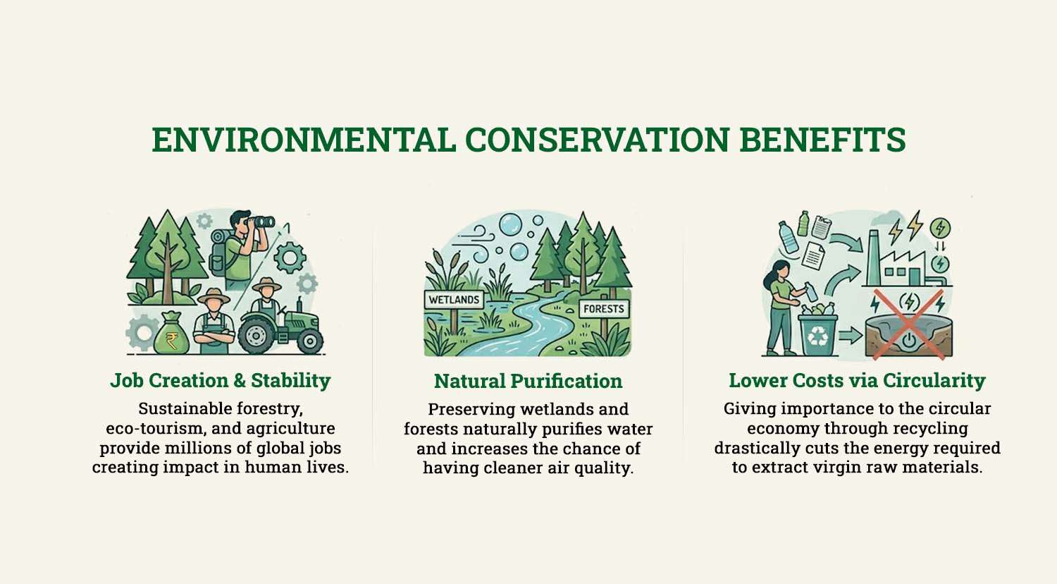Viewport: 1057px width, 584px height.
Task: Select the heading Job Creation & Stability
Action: point(220,381)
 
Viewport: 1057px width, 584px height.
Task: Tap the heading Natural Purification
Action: point(528,382)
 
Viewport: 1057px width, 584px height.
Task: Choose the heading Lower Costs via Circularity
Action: point(857,381)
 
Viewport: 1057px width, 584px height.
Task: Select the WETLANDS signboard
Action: point(454,300)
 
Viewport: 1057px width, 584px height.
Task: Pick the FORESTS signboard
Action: point(604,309)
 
